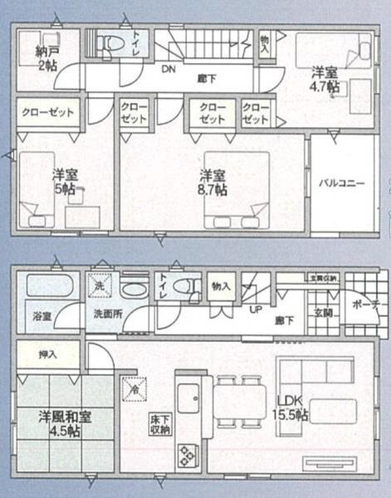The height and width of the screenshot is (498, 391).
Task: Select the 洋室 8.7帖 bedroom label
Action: (x=213, y=183)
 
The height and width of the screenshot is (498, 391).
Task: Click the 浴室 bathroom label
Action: (x=42, y=316)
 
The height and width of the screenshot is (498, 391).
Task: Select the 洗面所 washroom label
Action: (x=106, y=315)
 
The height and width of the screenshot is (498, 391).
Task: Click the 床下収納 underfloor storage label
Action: (x=160, y=423)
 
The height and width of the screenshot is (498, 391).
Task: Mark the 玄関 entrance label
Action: (x=322, y=313)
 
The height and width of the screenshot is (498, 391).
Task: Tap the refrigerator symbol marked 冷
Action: (x=133, y=387)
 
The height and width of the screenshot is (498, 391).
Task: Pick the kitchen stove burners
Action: (x=187, y=454)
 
